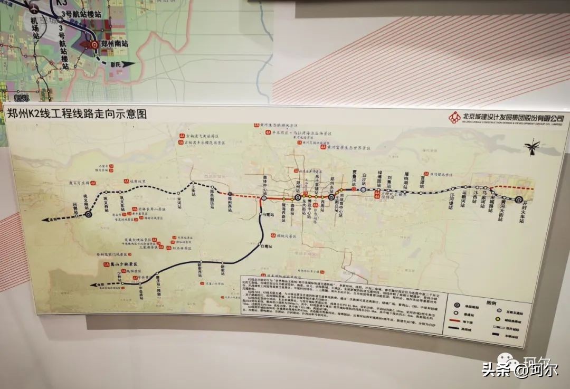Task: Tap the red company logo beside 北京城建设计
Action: [x=454, y=117]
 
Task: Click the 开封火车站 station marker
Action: [x=519, y=199]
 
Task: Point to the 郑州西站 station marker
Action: [x=230, y=194]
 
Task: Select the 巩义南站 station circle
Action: [x=89, y=214]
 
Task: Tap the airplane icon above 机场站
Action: [x=34, y=8]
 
